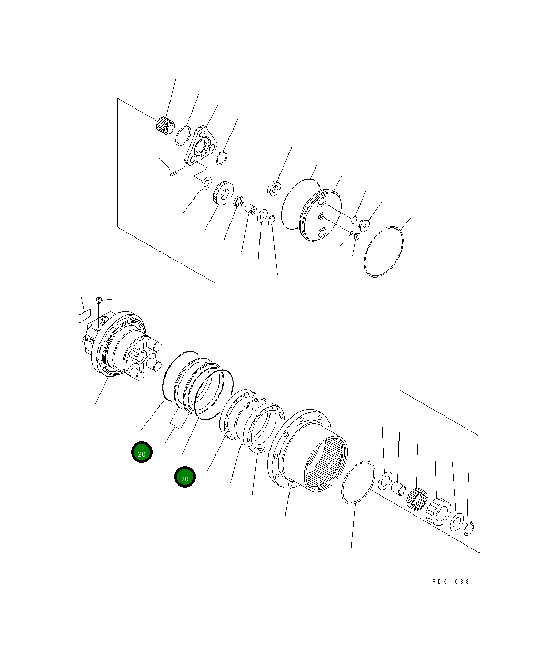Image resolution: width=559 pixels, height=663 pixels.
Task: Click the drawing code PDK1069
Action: [451, 582]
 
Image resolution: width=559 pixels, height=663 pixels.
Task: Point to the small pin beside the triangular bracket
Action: [175, 172]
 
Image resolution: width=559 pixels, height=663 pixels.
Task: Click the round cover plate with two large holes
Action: [320, 216]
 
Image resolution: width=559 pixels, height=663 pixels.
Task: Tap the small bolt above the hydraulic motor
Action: [99, 300]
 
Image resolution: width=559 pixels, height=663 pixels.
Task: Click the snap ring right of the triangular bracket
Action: [223, 157]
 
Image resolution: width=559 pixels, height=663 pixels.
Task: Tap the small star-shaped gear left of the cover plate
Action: [237, 201]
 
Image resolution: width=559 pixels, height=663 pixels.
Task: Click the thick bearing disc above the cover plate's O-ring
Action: [275, 187]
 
